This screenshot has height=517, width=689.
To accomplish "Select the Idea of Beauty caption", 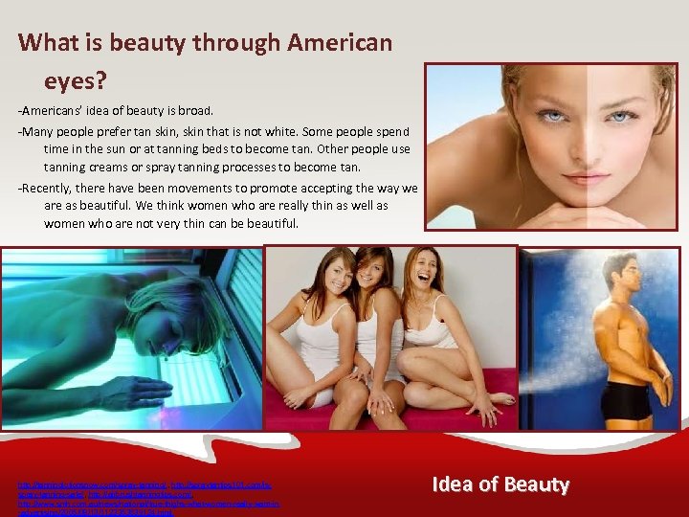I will (500, 483).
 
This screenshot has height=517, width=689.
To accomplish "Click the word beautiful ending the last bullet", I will (270, 223).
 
